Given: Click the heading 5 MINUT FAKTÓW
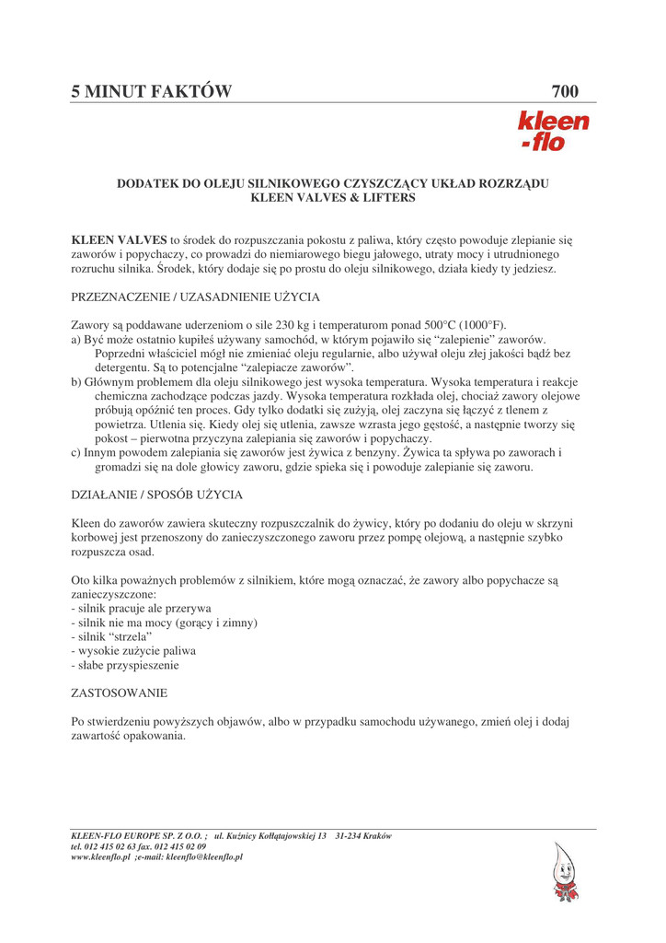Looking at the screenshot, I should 152,91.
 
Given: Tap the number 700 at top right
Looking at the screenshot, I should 565,91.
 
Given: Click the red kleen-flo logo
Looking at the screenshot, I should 553,131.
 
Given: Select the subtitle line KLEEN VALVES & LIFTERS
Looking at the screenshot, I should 332,198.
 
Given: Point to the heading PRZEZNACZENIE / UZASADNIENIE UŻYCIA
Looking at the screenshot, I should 195,297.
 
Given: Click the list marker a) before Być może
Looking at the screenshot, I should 76,340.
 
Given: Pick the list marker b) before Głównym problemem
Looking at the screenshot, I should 76,382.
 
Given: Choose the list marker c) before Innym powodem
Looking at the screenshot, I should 76,453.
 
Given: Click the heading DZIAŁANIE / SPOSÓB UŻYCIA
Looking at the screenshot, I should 156,495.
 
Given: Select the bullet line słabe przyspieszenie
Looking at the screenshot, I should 125,664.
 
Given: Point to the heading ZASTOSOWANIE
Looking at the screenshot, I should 119,692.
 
